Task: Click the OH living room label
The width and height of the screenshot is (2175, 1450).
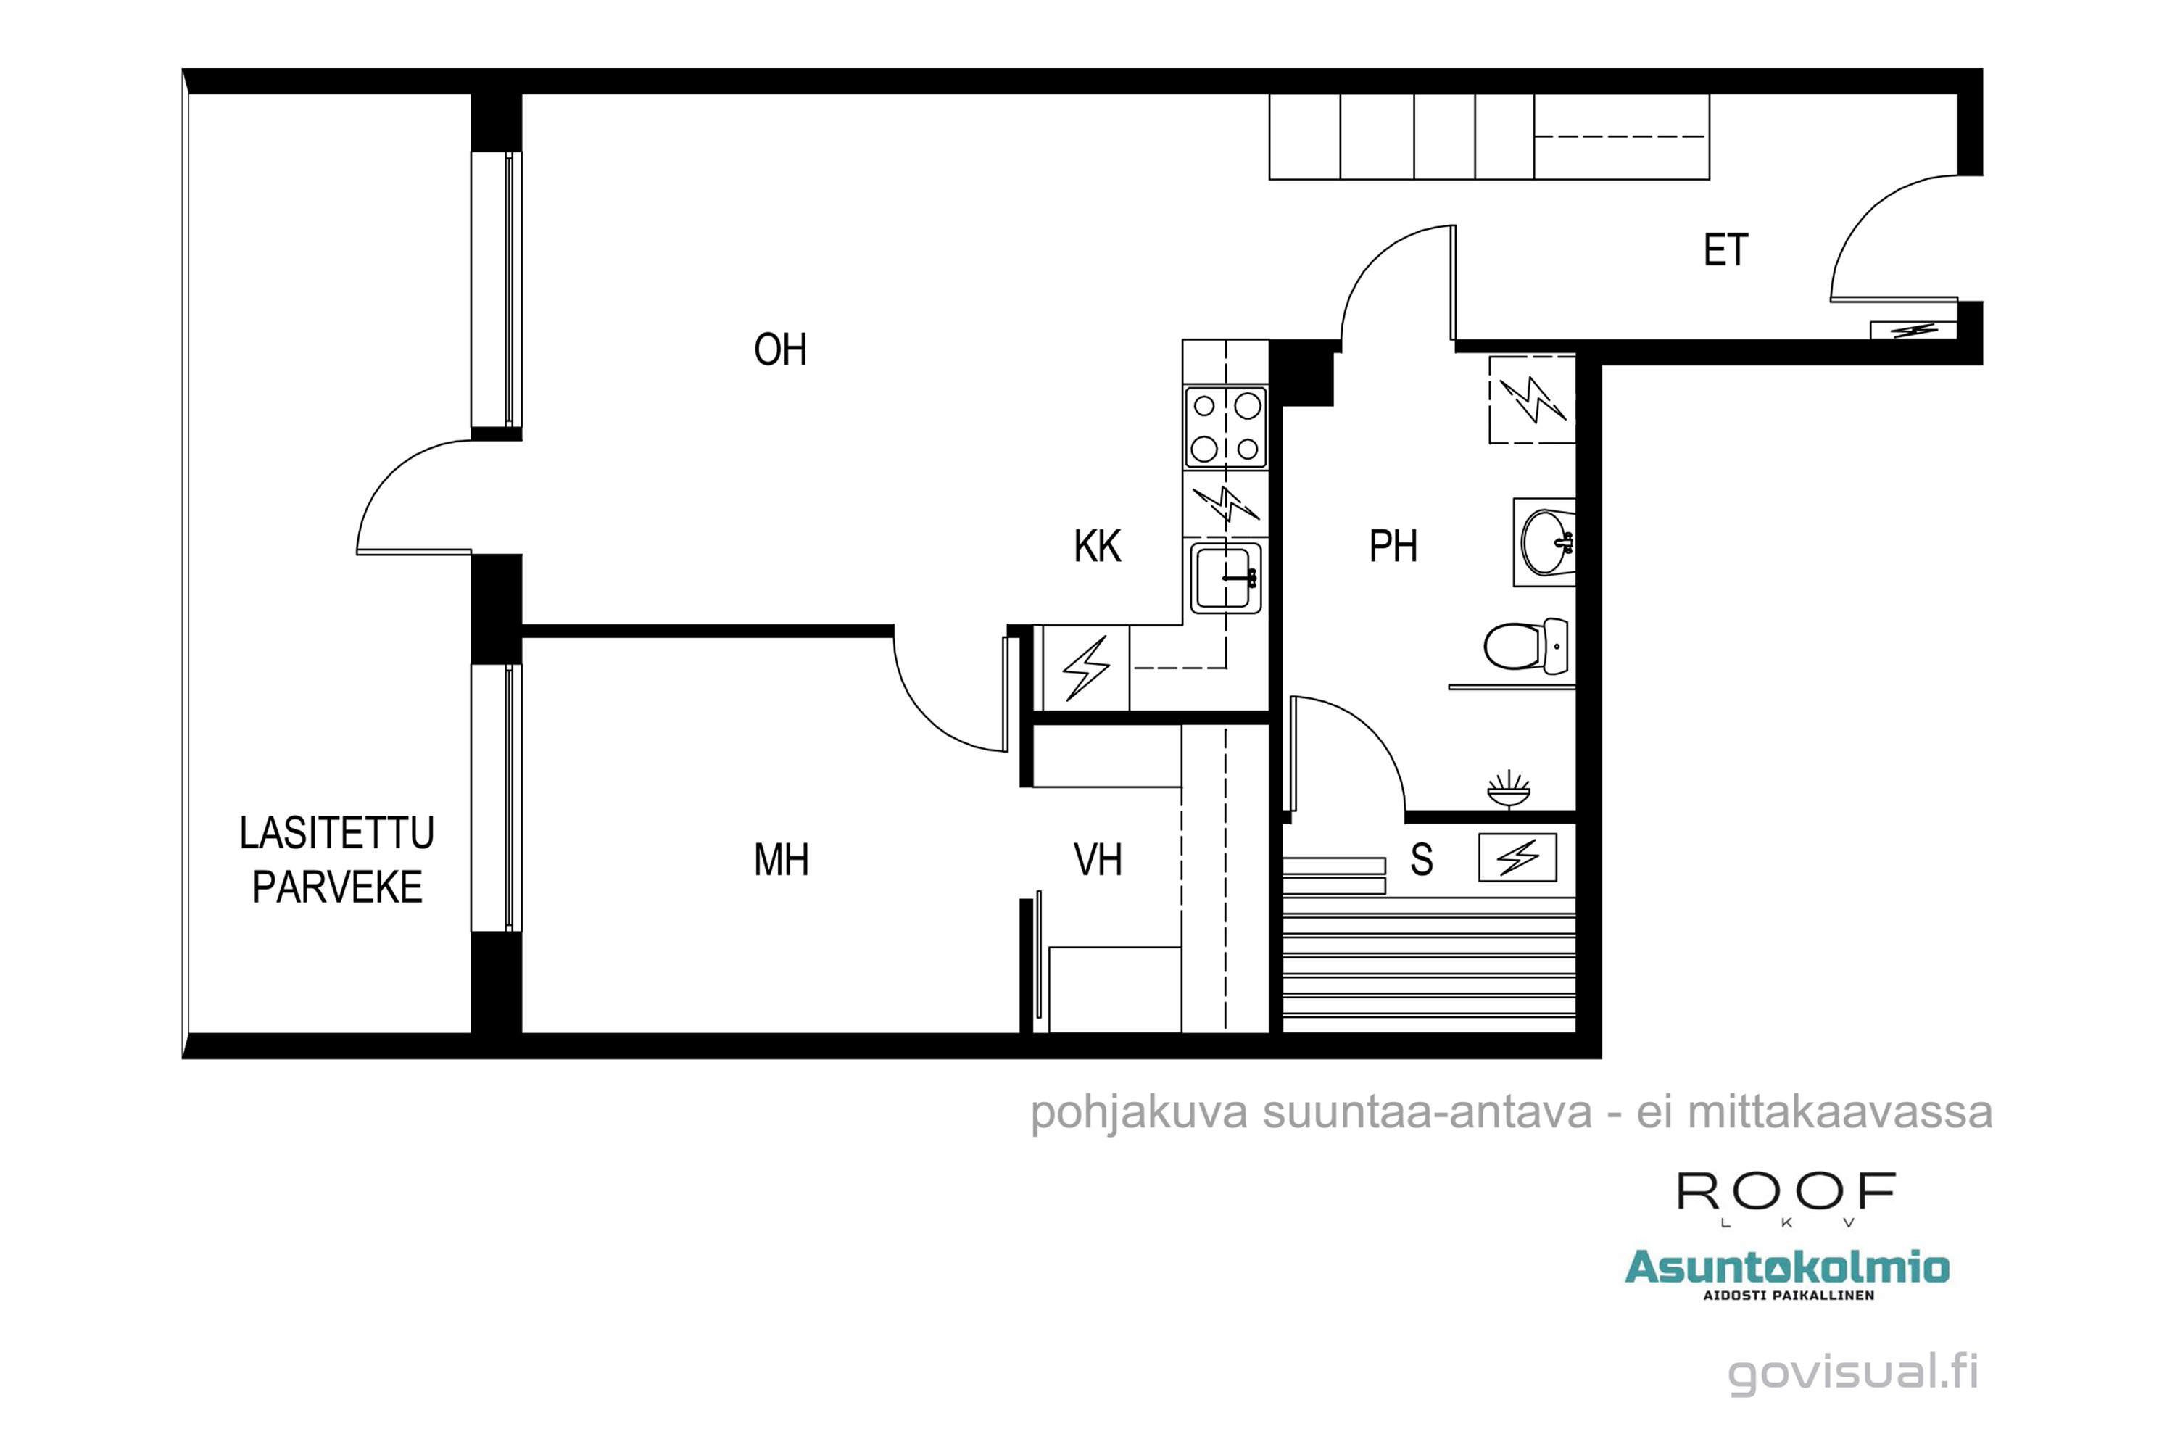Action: pos(779,350)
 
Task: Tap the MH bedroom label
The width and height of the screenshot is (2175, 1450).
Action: pos(782,860)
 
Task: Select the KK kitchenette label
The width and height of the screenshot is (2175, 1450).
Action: pos(1097,547)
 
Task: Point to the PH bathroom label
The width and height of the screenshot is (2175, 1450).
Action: pos(1393,547)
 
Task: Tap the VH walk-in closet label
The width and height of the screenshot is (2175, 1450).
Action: pos(1098,860)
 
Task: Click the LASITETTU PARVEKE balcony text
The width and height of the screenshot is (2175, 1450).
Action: pos(336,860)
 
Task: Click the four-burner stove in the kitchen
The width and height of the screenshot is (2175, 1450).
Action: pos(1225,427)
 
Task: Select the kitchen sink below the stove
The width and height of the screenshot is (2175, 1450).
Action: pos(1225,579)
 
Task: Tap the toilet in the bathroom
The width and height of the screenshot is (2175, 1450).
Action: pos(1524,645)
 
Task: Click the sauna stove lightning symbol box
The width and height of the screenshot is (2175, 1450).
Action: pos(1517,857)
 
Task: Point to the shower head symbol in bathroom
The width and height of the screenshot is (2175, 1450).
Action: pos(1508,789)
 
